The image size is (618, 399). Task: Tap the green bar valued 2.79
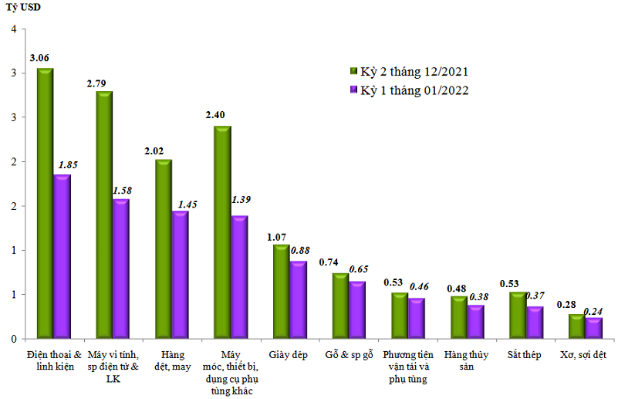pyautogui.click(x=103, y=215)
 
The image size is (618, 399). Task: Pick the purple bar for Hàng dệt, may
pyautogui.click(x=180, y=275)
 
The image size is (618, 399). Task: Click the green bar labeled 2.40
pyautogui.click(x=222, y=232)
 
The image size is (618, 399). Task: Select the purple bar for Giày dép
pyautogui.click(x=299, y=300)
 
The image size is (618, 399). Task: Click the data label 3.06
pyautogui.click(x=41, y=57)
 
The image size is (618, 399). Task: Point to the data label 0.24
pyautogui.click(x=593, y=312)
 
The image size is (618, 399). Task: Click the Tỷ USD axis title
pyautogui.click(x=24, y=8)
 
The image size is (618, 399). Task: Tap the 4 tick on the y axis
pyautogui.click(x=12, y=29)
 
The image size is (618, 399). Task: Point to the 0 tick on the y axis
pyautogui.click(x=12, y=339)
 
